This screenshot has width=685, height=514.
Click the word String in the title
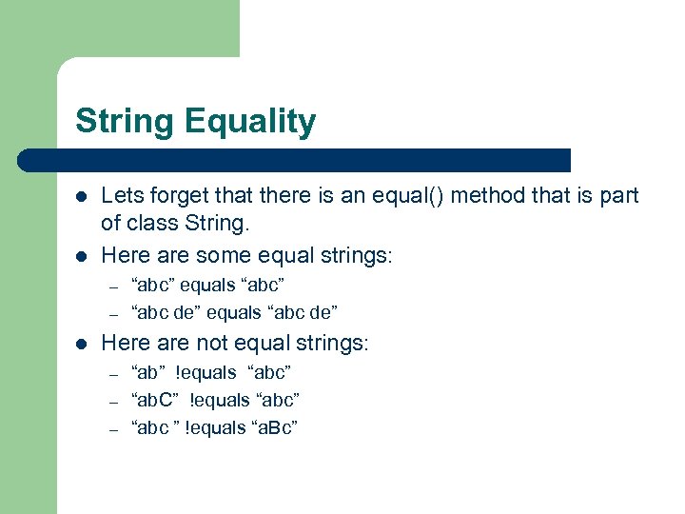click(125, 122)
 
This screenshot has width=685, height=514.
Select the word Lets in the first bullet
click(121, 197)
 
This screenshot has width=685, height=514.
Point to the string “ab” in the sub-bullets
click(149, 372)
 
